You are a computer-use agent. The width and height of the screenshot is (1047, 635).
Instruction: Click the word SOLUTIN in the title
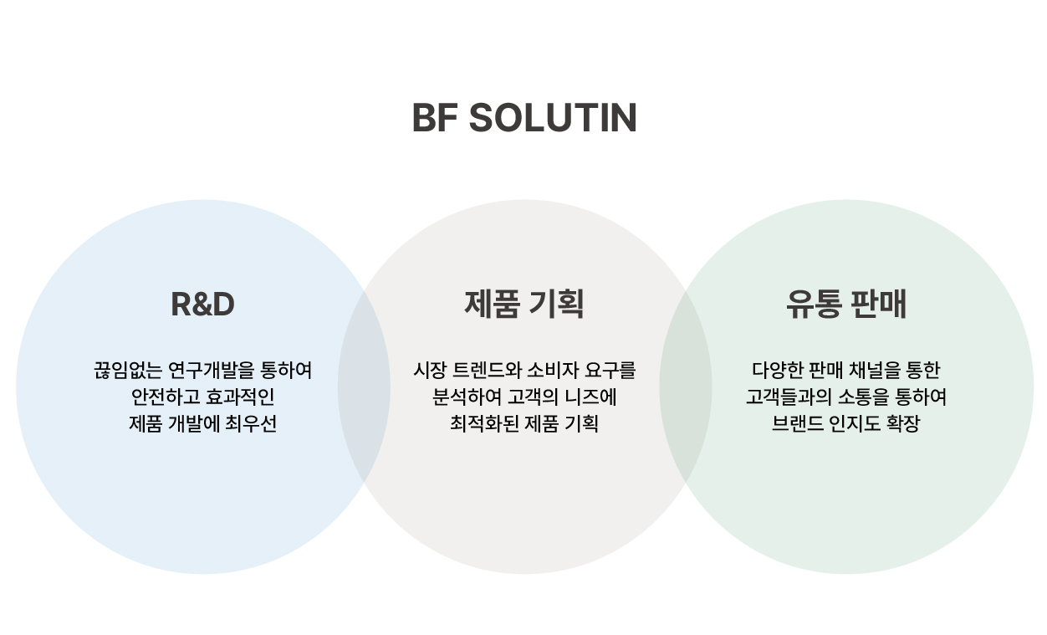pos(553,118)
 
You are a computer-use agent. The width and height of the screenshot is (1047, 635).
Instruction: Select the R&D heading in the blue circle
pos(202,304)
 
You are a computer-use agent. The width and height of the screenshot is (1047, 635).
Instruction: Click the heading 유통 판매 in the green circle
pos(846,304)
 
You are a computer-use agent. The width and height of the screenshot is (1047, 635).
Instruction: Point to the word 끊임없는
pos(128,370)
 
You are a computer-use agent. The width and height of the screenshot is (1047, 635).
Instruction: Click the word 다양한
pos(776,370)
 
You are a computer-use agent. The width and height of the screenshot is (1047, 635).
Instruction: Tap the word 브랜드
pos(795,423)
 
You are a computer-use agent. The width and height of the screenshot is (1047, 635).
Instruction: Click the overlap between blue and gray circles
pos(364,387)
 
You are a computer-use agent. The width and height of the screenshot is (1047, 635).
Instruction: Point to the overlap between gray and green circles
pos(686,387)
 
